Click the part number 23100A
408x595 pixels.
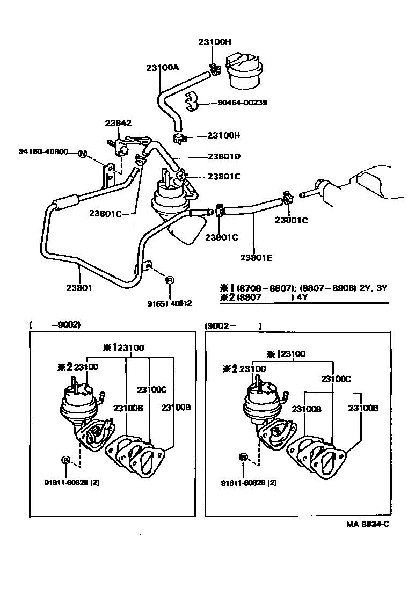[162, 68]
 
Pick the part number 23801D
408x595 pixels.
[223, 157]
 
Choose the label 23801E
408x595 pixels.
[256, 257]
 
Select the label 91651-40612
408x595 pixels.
[170, 303]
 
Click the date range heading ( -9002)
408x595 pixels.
[55, 324]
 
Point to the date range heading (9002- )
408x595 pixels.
[233, 325]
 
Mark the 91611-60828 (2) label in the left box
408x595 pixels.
[71, 482]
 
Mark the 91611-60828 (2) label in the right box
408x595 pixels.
[249, 482]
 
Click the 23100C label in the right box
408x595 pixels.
[336, 379]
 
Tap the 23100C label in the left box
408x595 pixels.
[151, 389]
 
